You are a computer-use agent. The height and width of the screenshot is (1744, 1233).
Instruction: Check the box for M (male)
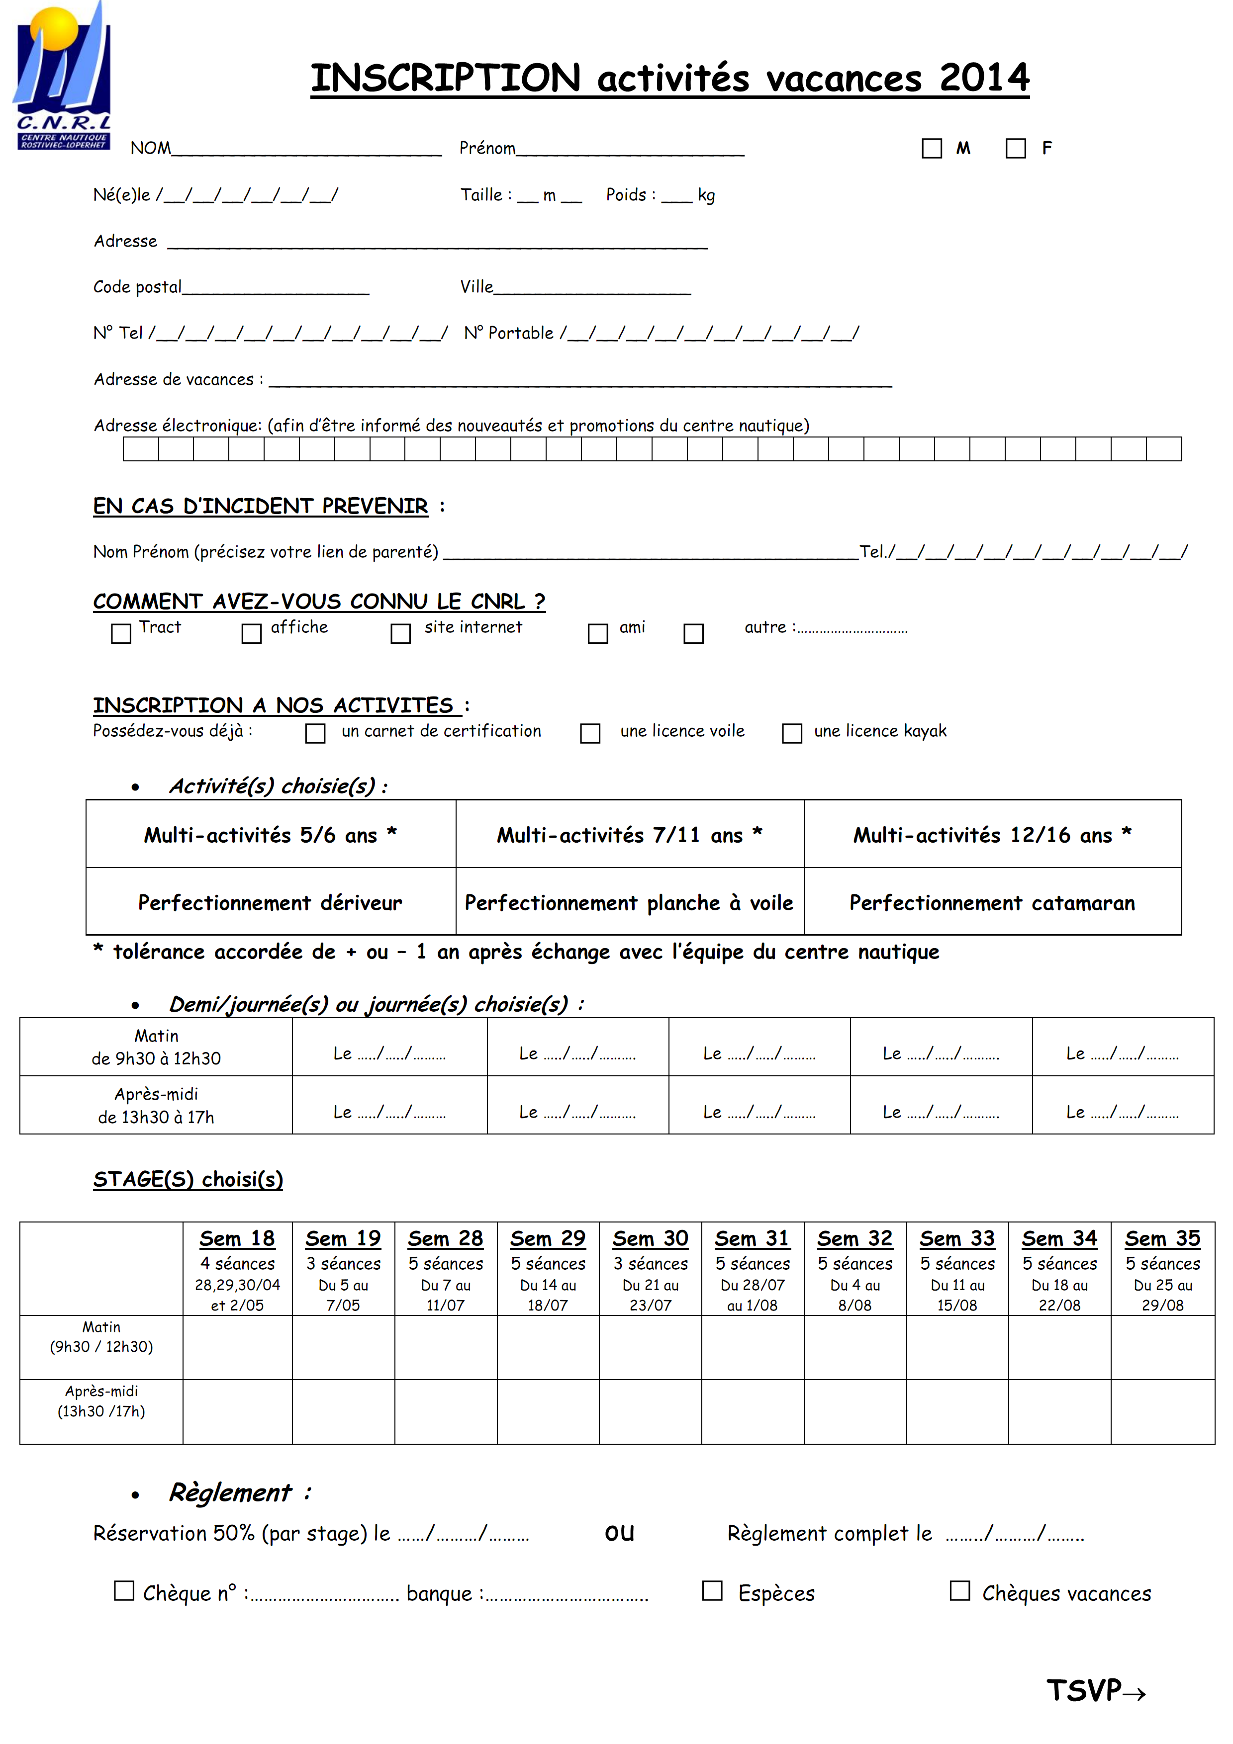(932, 148)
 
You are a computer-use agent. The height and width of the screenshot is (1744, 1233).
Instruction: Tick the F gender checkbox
(1015, 148)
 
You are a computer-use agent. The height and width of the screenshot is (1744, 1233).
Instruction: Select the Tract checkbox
(121, 633)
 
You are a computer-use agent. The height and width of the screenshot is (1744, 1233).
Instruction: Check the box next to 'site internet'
(400, 633)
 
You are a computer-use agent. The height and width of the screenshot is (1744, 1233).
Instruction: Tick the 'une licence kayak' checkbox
(792, 733)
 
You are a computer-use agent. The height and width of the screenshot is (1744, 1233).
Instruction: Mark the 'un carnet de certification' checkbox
(314, 733)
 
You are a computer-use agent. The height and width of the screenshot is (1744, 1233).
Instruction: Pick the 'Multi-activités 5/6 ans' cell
(271, 835)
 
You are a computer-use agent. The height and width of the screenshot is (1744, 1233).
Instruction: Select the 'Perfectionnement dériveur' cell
(271, 902)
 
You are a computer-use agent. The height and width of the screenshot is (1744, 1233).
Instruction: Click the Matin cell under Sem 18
(237, 1347)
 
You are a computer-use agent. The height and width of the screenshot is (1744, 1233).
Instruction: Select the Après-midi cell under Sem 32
(854, 1411)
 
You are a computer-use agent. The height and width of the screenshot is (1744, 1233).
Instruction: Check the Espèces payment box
(712, 1590)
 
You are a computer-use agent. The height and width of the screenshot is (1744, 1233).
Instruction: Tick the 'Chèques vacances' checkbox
(959, 1590)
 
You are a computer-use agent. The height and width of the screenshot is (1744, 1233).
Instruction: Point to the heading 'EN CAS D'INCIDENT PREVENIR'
(261, 506)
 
